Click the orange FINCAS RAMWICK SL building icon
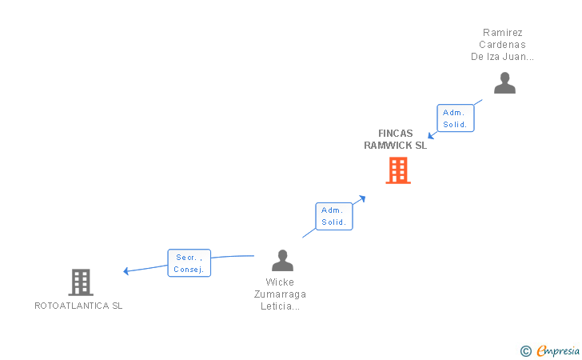pyautogui.click(x=397, y=170)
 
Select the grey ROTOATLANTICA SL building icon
pyautogui.click(x=80, y=282)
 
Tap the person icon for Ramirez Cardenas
pyautogui.click(x=504, y=83)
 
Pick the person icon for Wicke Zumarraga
pyautogui.click(x=282, y=260)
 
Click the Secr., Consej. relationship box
pyautogui.click(x=189, y=263)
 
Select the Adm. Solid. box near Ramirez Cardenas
pyautogui.click(x=455, y=118)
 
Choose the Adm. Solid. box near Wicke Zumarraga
pyautogui.click(x=333, y=216)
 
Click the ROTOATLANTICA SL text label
pyautogui.click(x=78, y=306)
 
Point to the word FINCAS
pyautogui.click(x=396, y=134)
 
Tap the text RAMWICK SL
pyautogui.click(x=396, y=146)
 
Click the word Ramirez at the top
pyautogui.click(x=502, y=33)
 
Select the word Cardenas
pyautogui.click(x=502, y=45)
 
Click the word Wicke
pyautogui.click(x=280, y=282)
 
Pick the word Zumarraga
pyautogui.click(x=280, y=294)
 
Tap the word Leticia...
pyautogui.click(x=280, y=306)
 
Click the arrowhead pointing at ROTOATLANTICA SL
pyautogui.click(x=126, y=271)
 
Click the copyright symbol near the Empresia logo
pyautogui.click(x=525, y=350)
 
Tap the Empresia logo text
pyautogui.click(x=558, y=350)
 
